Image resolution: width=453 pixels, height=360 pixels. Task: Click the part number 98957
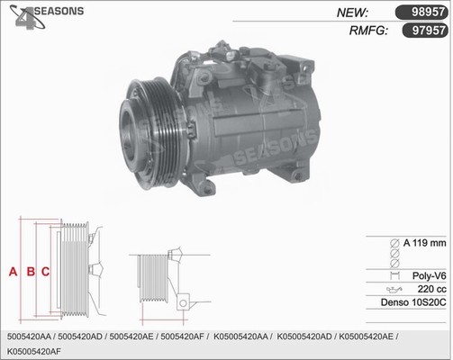(x=428, y=12)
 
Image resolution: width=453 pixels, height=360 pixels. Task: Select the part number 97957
(x=429, y=31)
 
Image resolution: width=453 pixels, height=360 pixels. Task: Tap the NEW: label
(x=352, y=13)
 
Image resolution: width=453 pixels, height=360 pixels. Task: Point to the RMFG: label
(x=368, y=31)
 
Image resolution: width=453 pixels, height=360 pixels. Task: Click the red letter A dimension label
(x=13, y=272)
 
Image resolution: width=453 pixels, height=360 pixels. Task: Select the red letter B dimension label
(x=31, y=272)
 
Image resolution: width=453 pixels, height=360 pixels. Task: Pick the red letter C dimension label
(x=45, y=272)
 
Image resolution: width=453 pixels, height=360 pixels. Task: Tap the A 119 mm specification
(x=424, y=243)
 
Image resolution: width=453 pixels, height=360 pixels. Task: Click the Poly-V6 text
(x=429, y=275)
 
